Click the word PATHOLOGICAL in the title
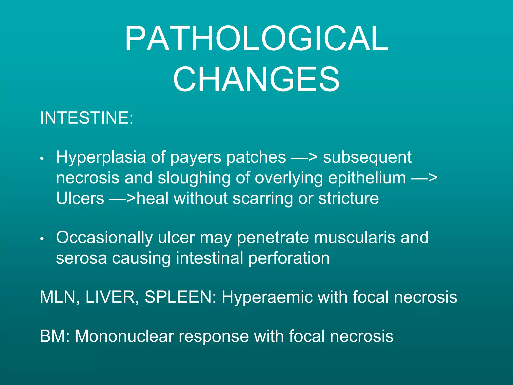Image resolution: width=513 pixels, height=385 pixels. tap(256, 39)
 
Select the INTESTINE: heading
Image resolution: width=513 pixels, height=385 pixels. tap(87, 118)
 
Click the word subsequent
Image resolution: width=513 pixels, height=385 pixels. tap(367, 158)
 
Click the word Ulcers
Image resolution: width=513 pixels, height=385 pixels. tap(80, 198)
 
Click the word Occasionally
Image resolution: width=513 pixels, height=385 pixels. tap(104, 238)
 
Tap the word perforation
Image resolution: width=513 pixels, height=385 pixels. tap(289, 258)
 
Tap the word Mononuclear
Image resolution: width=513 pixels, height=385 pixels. tap(124, 336)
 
